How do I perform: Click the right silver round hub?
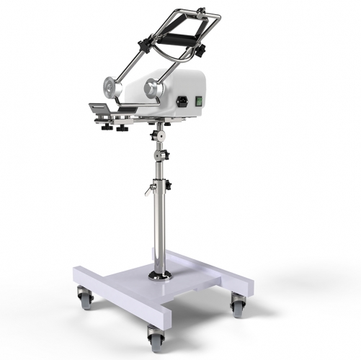152,88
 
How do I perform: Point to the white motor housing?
180,90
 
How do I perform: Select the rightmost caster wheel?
236,308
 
